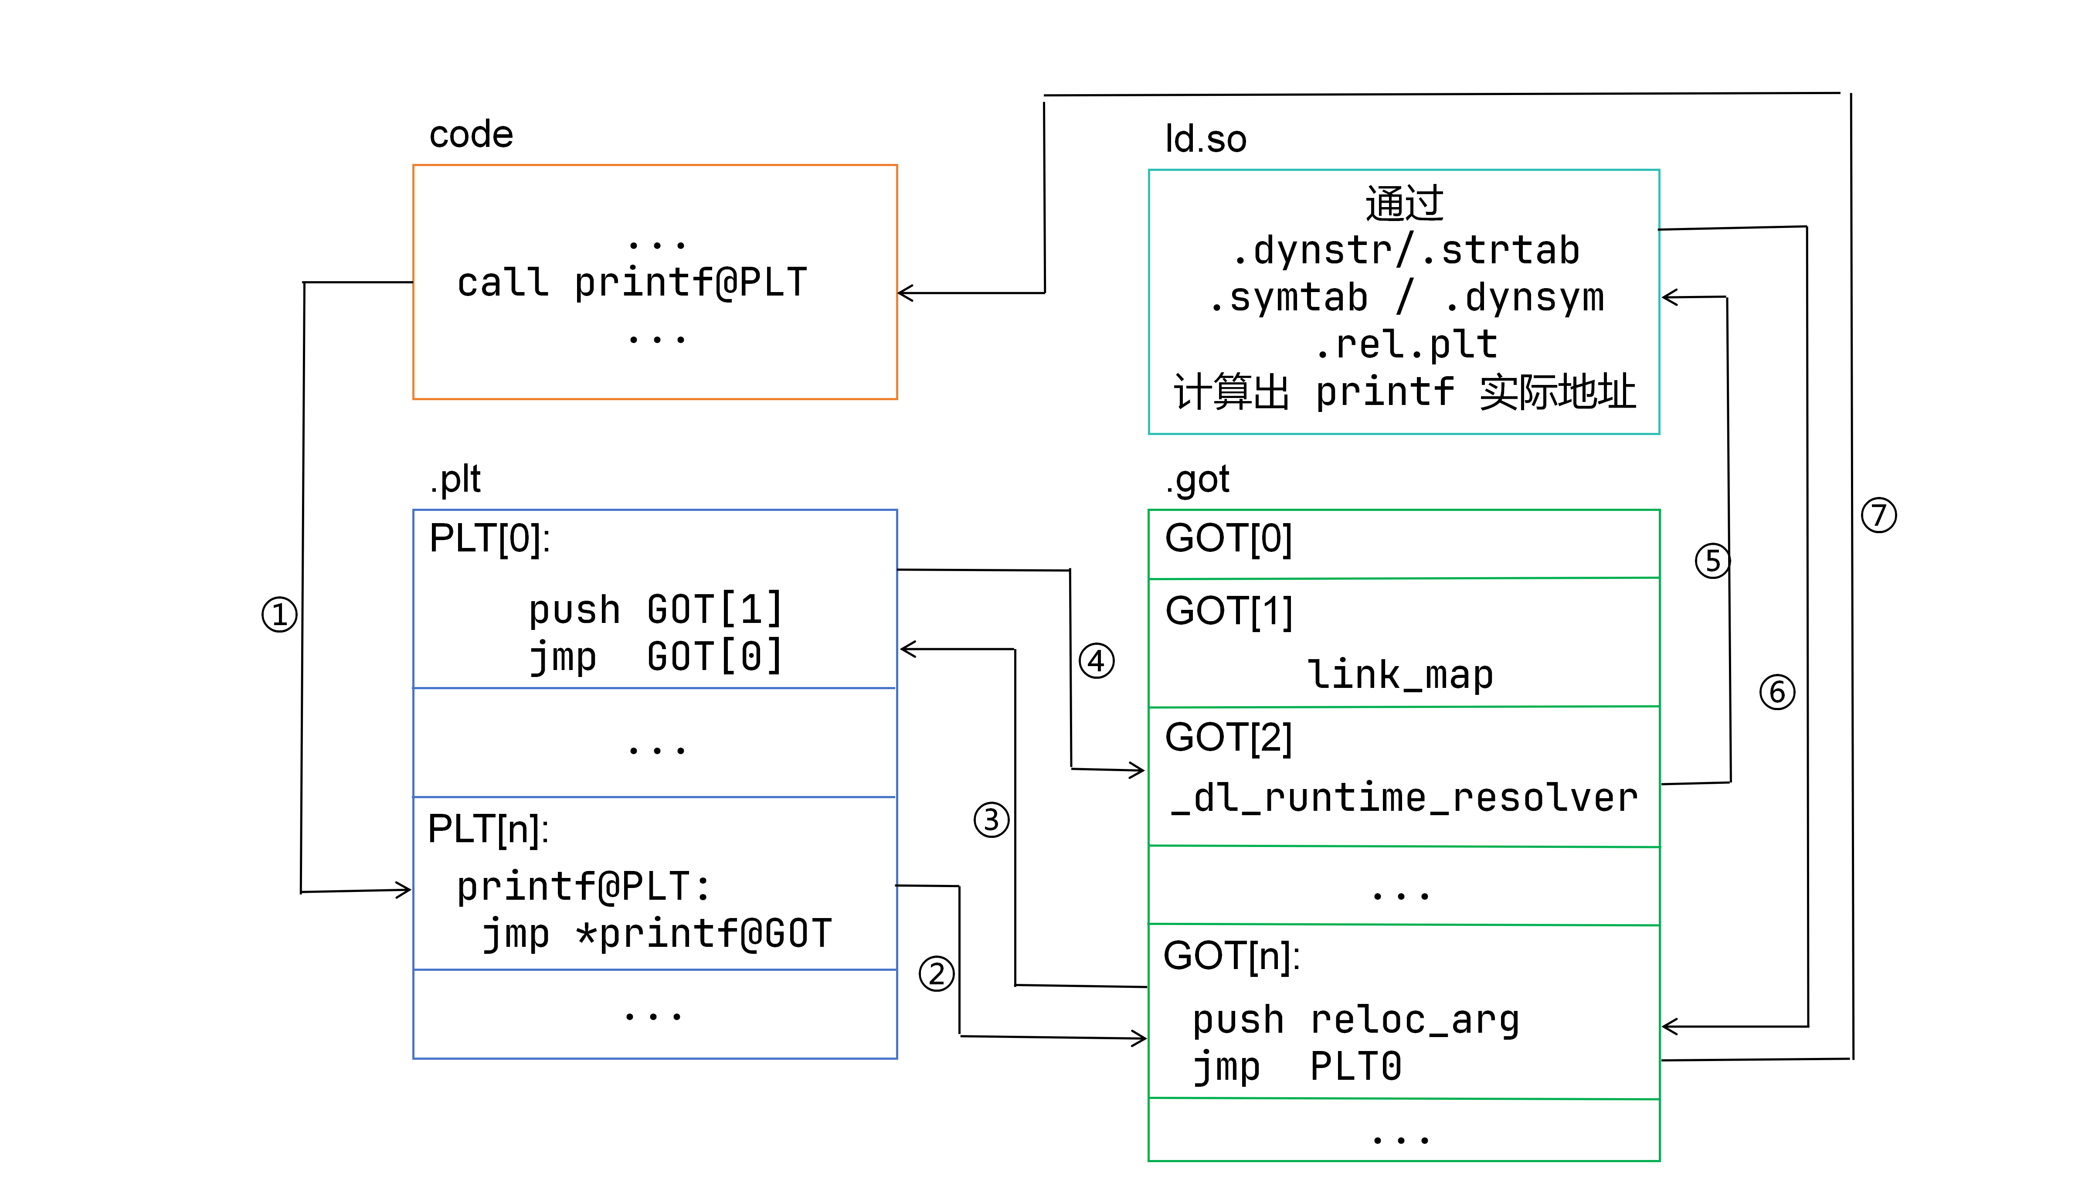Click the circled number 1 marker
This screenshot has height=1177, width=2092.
[x=279, y=615]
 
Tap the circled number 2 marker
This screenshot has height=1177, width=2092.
[x=936, y=973]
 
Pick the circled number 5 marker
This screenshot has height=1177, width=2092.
[x=1713, y=561]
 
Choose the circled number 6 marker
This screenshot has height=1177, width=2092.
[x=1777, y=692]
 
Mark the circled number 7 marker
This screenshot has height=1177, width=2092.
[x=1878, y=515]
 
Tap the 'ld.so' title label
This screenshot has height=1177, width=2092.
[x=1205, y=139]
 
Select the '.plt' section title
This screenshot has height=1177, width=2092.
[x=455, y=479]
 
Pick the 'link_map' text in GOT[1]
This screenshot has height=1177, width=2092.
[x=1400, y=675]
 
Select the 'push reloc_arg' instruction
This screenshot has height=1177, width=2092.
[x=1355, y=1020]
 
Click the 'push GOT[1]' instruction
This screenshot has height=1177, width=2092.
[x=655, y=609]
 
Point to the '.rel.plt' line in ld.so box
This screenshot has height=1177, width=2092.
[x=1406, y=344]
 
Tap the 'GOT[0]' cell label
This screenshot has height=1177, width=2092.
[x=1228, y=538]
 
